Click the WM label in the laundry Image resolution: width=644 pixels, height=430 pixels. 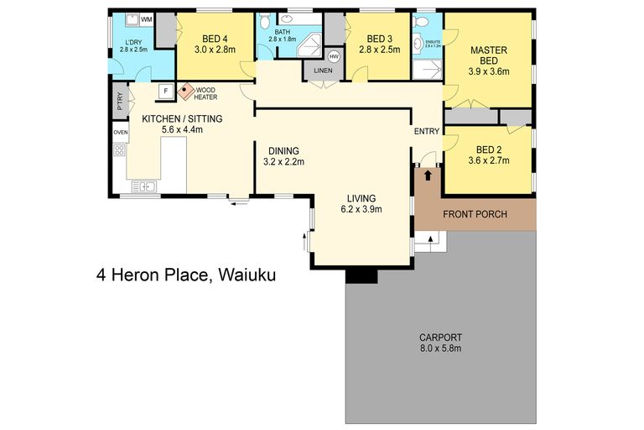coord(147,18)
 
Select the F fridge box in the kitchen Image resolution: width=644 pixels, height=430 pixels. coord(165,90)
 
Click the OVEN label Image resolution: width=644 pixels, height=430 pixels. coord(120,132)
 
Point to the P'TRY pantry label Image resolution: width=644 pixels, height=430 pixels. coord(120,102)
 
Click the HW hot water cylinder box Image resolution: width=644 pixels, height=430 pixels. coord(334,55)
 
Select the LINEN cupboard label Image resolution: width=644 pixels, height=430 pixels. coord(323,71)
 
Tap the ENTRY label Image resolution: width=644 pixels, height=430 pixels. coord(426,131)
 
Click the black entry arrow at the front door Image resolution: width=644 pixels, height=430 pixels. coord(428,176)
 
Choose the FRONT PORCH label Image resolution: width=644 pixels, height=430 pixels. coord(475,214)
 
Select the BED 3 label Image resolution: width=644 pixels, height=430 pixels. coord(380,39)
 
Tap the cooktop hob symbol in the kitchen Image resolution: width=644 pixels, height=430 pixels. coord(119,151)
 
